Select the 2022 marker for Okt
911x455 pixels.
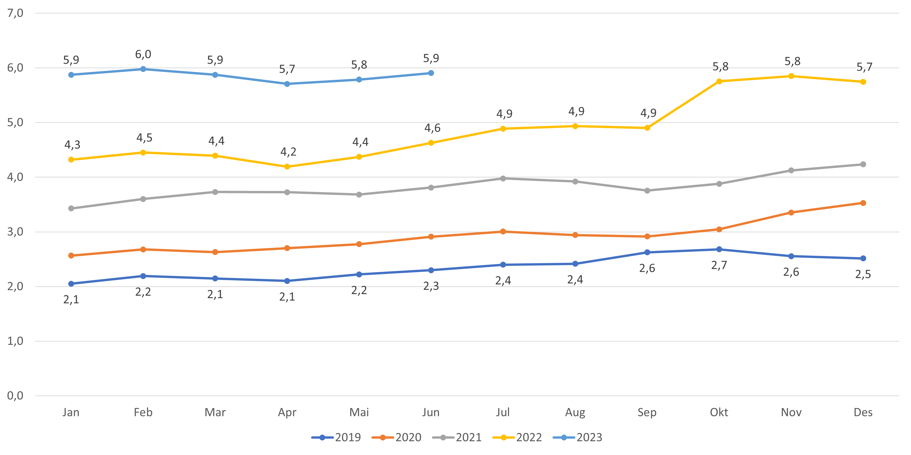[x=719, y=81]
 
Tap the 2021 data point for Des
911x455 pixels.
[x=863, y=164]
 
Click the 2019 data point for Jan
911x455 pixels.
[x=71, y=284]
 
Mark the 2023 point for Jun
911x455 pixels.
[x=431, y=73]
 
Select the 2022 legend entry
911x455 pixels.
[x=517, y=437]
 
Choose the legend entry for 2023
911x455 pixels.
[x=577, y=437]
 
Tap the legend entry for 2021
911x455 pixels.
[x=457, y=437]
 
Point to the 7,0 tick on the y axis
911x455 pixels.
[x=15, y=13]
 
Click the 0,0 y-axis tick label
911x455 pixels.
[x=15, y=396]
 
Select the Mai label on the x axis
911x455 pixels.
[x=359, y=412]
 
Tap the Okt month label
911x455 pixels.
[x=719, y=412]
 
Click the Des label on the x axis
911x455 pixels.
[x=863, y=412]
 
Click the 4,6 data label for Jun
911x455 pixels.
[x=432, y=128]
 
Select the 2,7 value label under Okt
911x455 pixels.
[x=719, y=265]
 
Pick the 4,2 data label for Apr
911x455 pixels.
[x=288, y=152]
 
